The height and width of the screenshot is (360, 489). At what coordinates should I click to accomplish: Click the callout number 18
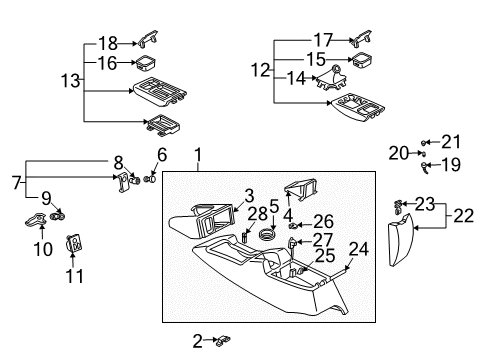tap(107, 43)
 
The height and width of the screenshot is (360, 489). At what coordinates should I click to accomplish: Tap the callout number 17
tap(321, 41)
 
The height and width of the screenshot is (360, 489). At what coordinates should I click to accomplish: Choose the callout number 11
tap(75, 275)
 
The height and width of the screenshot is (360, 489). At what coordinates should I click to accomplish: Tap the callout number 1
tap(198, 155)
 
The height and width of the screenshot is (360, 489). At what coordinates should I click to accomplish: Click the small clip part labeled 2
tap(218, 342)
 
